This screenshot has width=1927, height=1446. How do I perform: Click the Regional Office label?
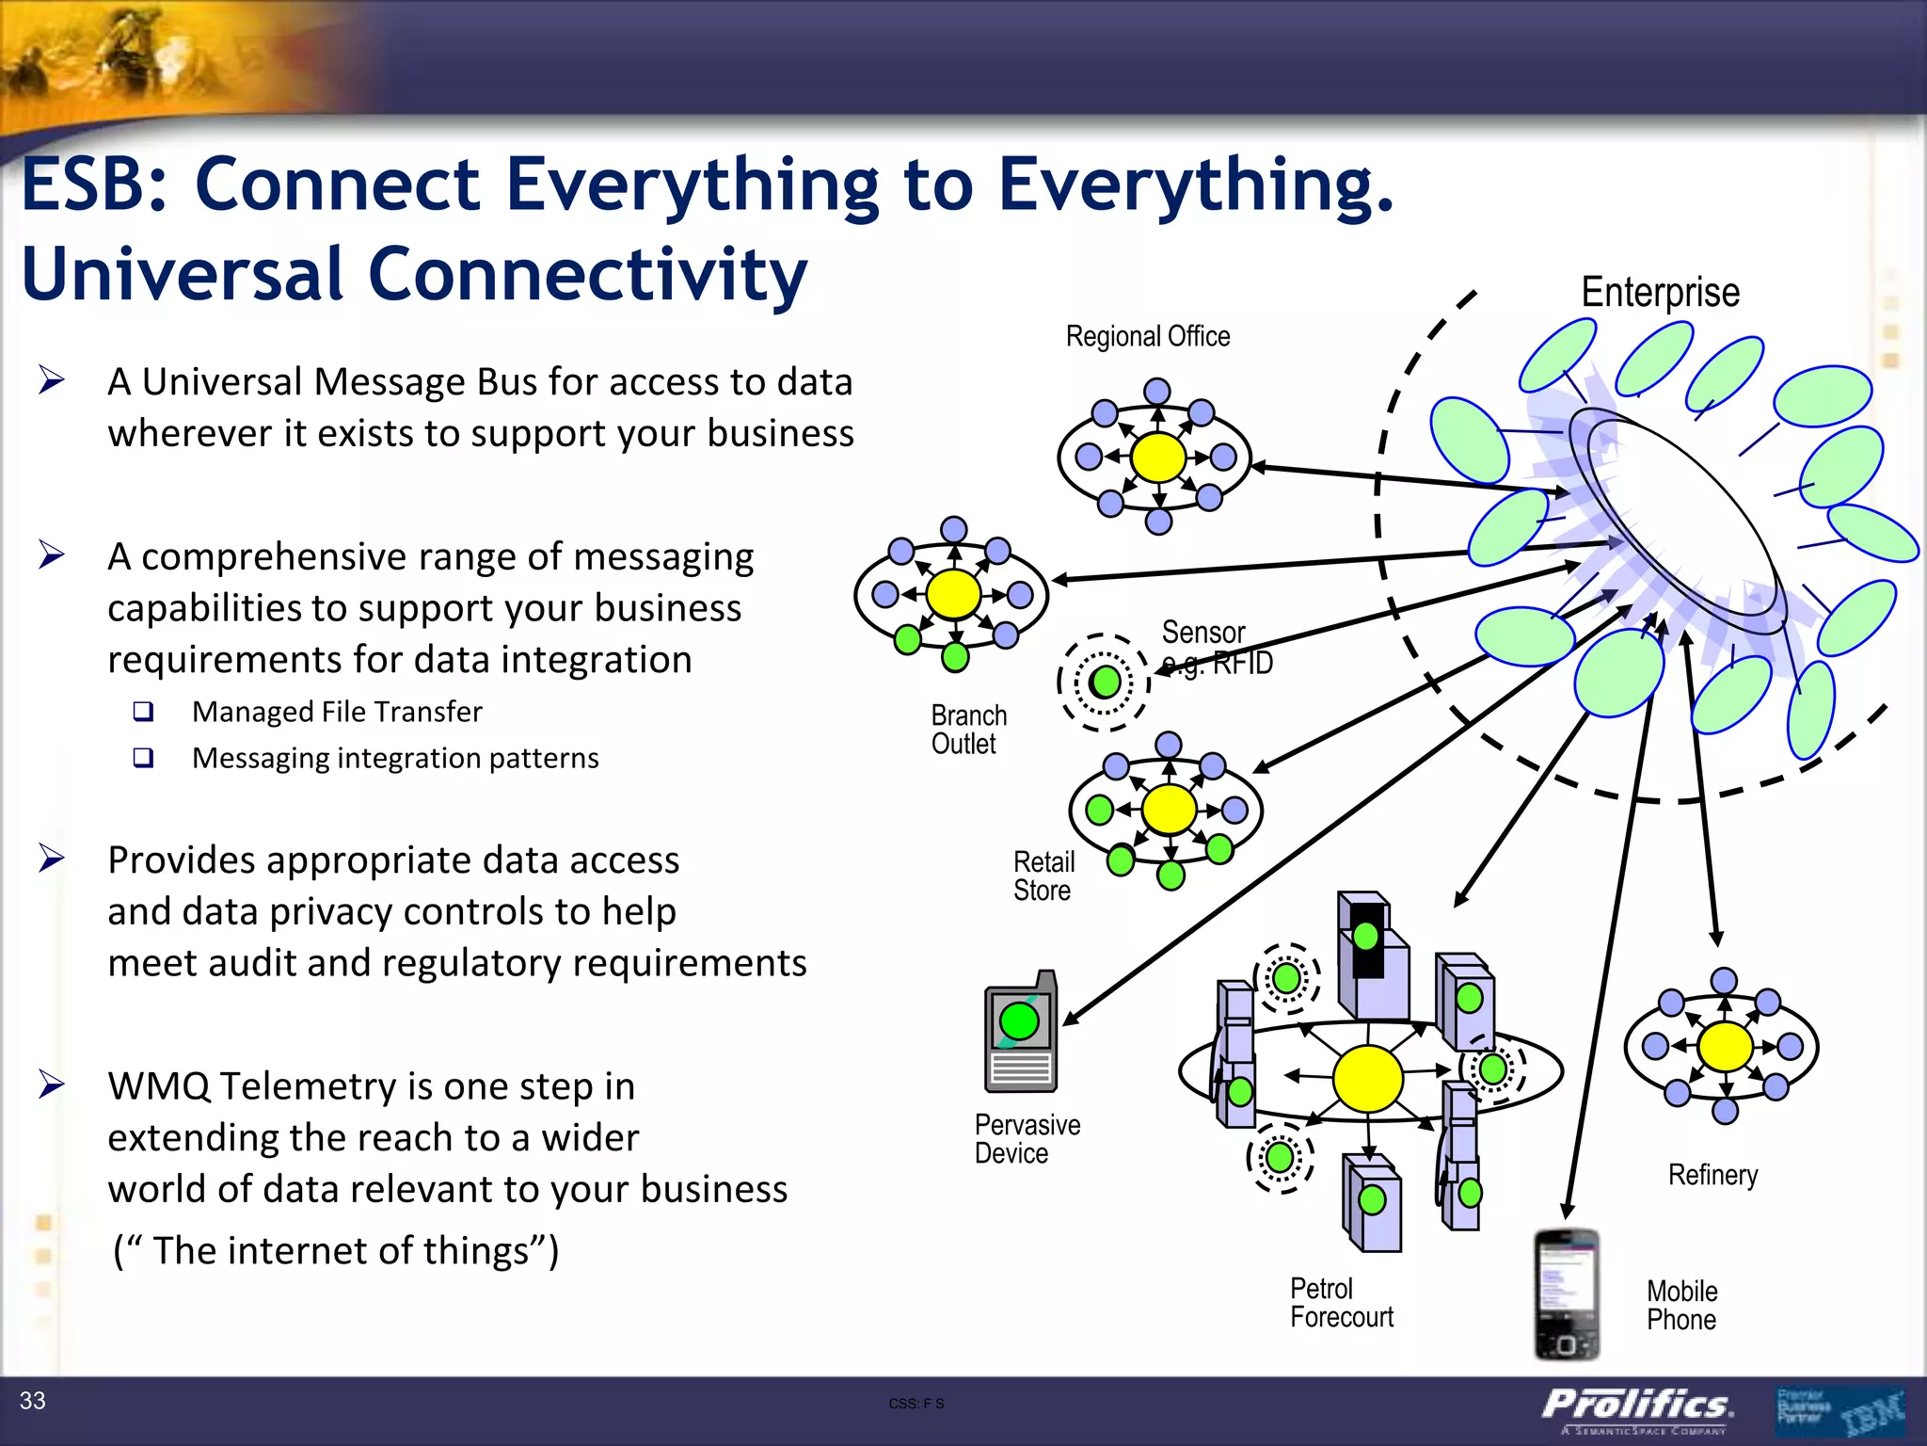click(x=1147, y=336)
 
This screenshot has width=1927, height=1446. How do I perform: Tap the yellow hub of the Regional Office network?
click(x=1157, y=458)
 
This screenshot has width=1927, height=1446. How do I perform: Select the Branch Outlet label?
click(x=968, y=730)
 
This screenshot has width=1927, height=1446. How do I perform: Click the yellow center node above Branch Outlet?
click(x=953, y=594)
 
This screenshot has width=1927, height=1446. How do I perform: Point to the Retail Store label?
click(x=1043, y=876)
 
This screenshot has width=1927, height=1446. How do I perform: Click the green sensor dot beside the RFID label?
click(x=1105, y=682)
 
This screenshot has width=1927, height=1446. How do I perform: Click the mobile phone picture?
click(x=1566, y=1294)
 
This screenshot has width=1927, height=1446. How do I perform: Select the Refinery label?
click(x=1712, y=1175)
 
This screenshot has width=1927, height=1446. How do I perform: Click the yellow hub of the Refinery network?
click(x=1725, y=1046)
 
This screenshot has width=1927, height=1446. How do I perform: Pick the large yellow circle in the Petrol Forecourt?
click(x=1367, y=1079)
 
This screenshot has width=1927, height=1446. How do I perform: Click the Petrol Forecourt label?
click(x=1341, y=1303)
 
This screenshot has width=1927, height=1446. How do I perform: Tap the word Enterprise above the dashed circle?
click(x=1660, y=293)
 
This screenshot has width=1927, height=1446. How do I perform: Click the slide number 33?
click(x=33, y=1401)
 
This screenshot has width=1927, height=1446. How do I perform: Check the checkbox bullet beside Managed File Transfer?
click(x=143, y=712)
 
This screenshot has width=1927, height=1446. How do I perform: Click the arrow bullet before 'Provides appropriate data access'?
click(x=52, y=859)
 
